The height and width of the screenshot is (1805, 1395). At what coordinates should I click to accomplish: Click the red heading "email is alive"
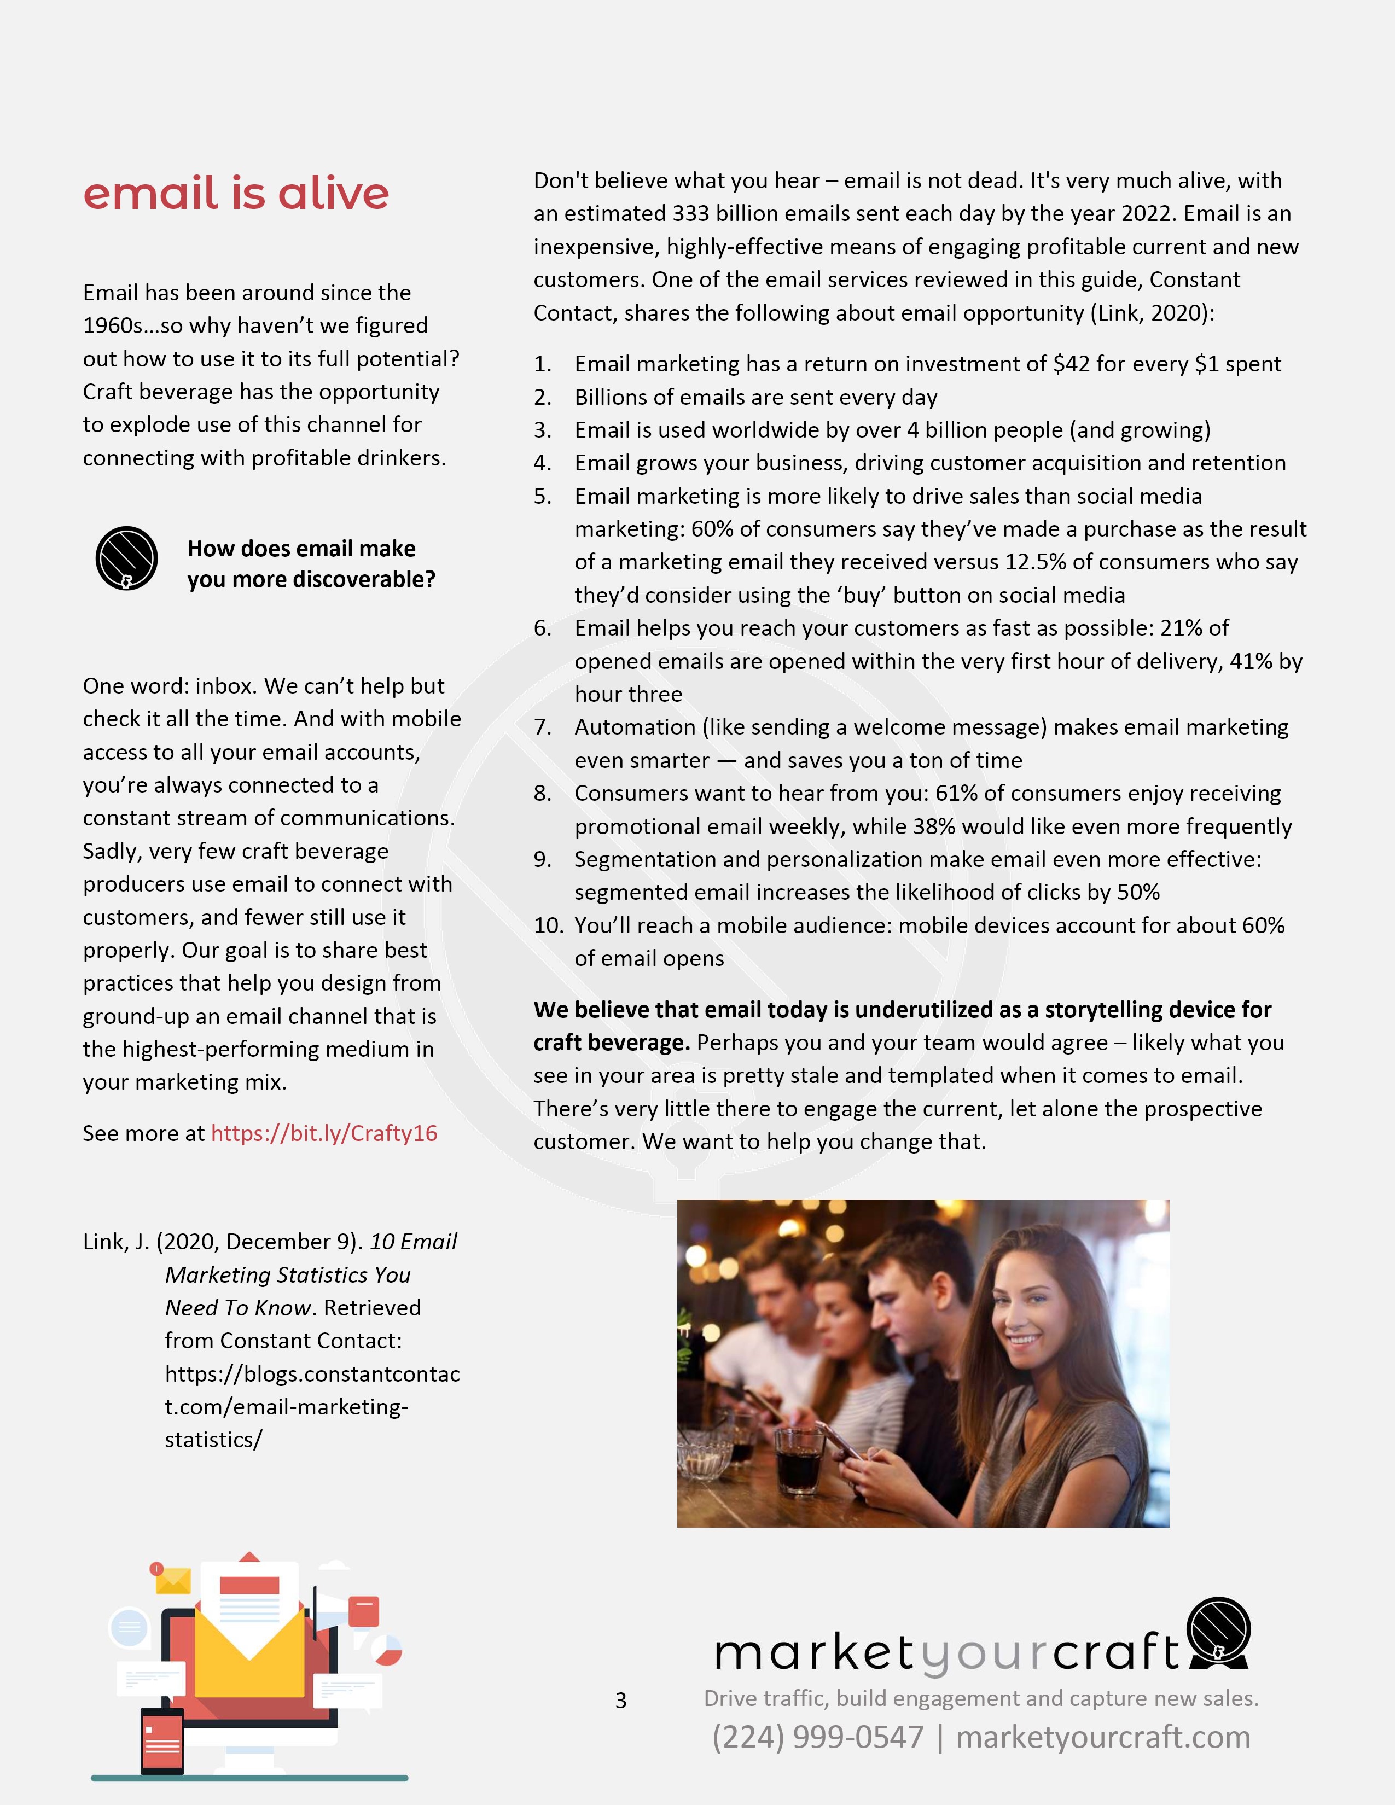click(x=236, y=194)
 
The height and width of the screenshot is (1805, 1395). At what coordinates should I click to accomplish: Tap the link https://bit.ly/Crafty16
click(x=324, y=1133)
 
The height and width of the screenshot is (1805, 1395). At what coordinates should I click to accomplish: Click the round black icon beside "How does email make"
click(x=126, y=558)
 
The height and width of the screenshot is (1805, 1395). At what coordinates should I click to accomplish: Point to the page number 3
click(x=621, y=1700)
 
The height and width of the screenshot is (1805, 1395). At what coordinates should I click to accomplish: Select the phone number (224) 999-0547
click(x=817, y=1737)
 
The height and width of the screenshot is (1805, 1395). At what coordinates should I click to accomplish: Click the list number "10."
click(x=548, y=925)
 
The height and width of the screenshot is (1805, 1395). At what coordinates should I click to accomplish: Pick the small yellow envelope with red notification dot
click(x=173, y=1580)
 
